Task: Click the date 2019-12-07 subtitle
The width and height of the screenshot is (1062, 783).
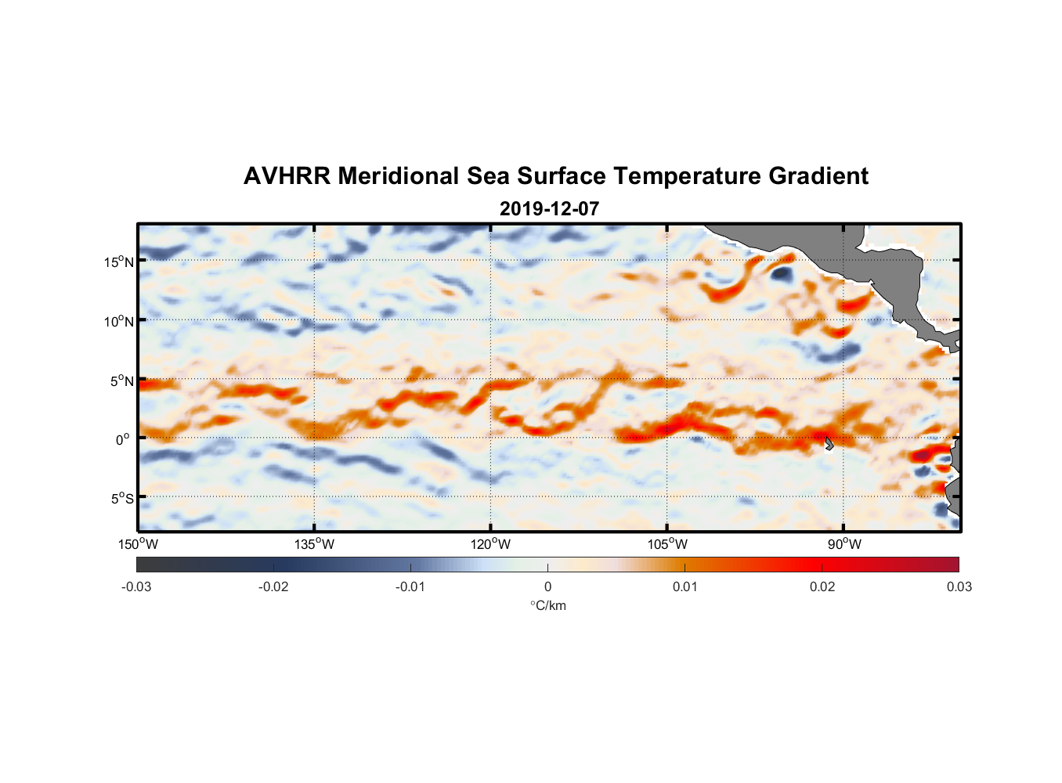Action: tap(549, 209)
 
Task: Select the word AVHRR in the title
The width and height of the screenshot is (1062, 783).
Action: tap(286, 176)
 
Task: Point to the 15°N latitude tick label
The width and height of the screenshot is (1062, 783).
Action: tap(118, 262)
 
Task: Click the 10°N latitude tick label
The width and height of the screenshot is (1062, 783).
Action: tap(118, 321)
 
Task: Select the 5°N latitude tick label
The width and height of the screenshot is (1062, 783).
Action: tap(121, 381)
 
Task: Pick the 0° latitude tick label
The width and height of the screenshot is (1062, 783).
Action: tap(123, 440)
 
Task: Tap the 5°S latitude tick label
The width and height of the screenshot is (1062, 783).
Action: tap(121, 499)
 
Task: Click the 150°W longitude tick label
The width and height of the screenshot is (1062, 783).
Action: tap(138, 544)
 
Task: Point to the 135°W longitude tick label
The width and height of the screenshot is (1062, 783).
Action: tap(314, 544)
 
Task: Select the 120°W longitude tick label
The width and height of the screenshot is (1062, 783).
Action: tap(490, 544)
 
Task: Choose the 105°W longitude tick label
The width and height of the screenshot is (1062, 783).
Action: tap(667, 544)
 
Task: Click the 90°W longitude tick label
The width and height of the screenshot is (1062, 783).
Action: tap(843, 544)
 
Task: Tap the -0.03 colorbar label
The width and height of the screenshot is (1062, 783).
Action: tap(136, 586)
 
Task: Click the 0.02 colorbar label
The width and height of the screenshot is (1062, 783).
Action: tap(822, 586)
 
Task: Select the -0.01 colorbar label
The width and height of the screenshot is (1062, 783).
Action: tap(410, 586)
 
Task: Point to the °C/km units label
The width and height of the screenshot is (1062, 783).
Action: tap(547, 605)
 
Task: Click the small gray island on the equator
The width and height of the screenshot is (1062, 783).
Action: tap(828, 444)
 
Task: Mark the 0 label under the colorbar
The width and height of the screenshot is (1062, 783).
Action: tap(547, 586)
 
